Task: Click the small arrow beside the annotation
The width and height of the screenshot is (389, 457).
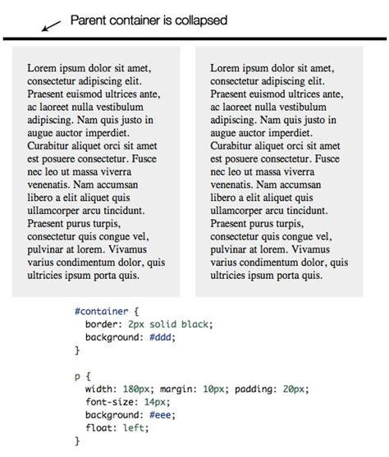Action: (x=50, y=26)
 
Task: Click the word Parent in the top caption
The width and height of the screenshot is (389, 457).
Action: (x=89, y=20)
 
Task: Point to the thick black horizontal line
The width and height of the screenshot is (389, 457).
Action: (x=194, y=39)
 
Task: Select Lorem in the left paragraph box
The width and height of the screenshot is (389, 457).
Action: (x=43, y=68)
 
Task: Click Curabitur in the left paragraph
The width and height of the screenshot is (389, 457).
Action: (x=51, y=145)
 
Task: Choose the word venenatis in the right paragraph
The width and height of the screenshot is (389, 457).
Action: (x=234, y=185)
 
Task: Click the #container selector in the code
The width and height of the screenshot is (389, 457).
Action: (x=100, y=312)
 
